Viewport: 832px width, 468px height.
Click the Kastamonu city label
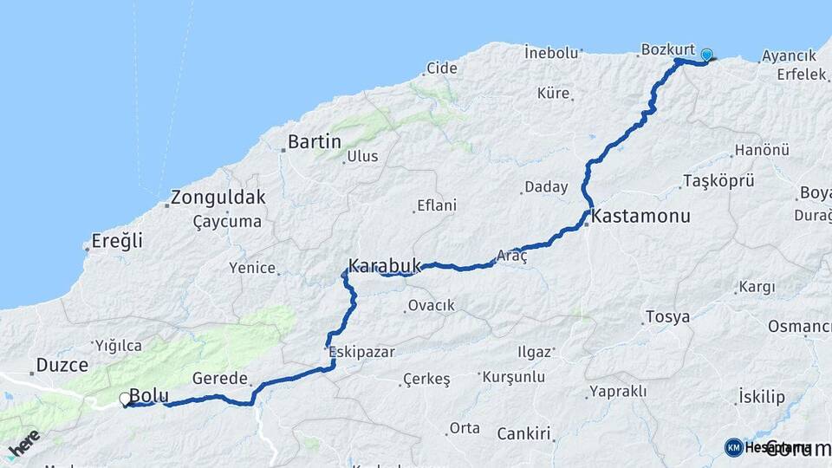click(x=641, y=217)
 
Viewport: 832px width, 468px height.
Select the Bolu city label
click(x=149, y=395)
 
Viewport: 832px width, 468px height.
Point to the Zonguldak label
click(x=218, y=197)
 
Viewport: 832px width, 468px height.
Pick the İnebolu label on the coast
click(x=551, y=53)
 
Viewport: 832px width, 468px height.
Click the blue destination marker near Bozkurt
click(x=706, y=55)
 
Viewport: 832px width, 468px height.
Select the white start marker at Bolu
click(x=125, y=400)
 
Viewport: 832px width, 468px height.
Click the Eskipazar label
click(x=362, y=352)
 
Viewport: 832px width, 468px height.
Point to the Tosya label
click(x=667, y=316)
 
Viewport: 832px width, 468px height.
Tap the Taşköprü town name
click(x=718, y=181)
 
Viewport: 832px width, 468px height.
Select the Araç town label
click(x=511, y=256)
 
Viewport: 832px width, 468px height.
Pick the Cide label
click(x=442, y=68)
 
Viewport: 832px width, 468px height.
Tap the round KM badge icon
click(x=733, y=447)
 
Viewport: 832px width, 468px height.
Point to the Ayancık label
click(x=789, y=56)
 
